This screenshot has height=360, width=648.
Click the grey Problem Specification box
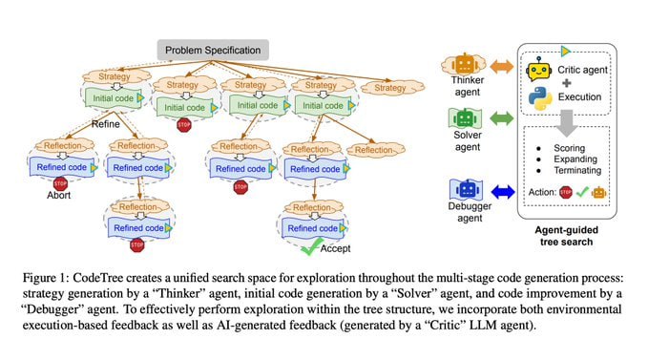pyautogui.click(x=216, y=49)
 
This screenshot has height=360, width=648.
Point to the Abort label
pyautogui.click(x=60, y=195)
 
